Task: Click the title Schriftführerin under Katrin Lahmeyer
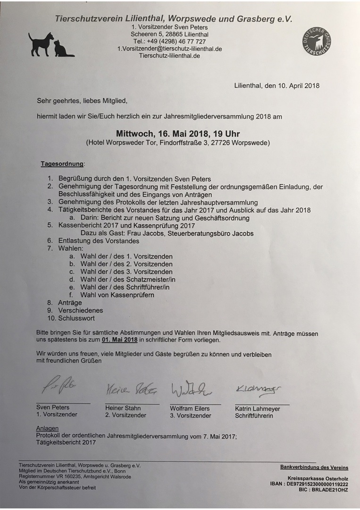(254, 416)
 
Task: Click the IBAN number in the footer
(319, 484)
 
